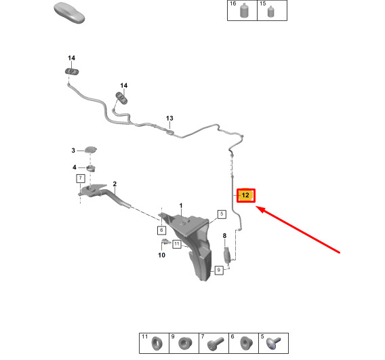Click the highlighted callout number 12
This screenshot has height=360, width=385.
246,195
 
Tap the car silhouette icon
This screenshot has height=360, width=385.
69,13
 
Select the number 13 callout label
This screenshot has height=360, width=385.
169,119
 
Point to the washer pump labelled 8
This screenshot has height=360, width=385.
227,256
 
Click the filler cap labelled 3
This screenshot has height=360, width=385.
91,149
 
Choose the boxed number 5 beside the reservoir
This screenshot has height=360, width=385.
222,214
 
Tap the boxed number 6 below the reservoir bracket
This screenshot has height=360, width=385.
161,231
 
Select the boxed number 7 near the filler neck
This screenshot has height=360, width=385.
81,178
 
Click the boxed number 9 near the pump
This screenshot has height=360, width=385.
219,271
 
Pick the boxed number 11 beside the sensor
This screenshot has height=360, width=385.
177,244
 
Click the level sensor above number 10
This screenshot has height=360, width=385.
166,242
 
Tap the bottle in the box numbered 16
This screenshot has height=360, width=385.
244,10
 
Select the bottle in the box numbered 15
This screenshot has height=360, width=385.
270,12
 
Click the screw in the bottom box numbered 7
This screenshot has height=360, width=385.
216,343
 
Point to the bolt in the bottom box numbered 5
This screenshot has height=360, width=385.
273,343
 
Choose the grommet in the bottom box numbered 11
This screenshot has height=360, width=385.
157,343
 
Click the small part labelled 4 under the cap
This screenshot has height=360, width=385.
91,168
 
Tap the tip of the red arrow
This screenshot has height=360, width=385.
256,207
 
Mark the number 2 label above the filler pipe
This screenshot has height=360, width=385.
115,184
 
